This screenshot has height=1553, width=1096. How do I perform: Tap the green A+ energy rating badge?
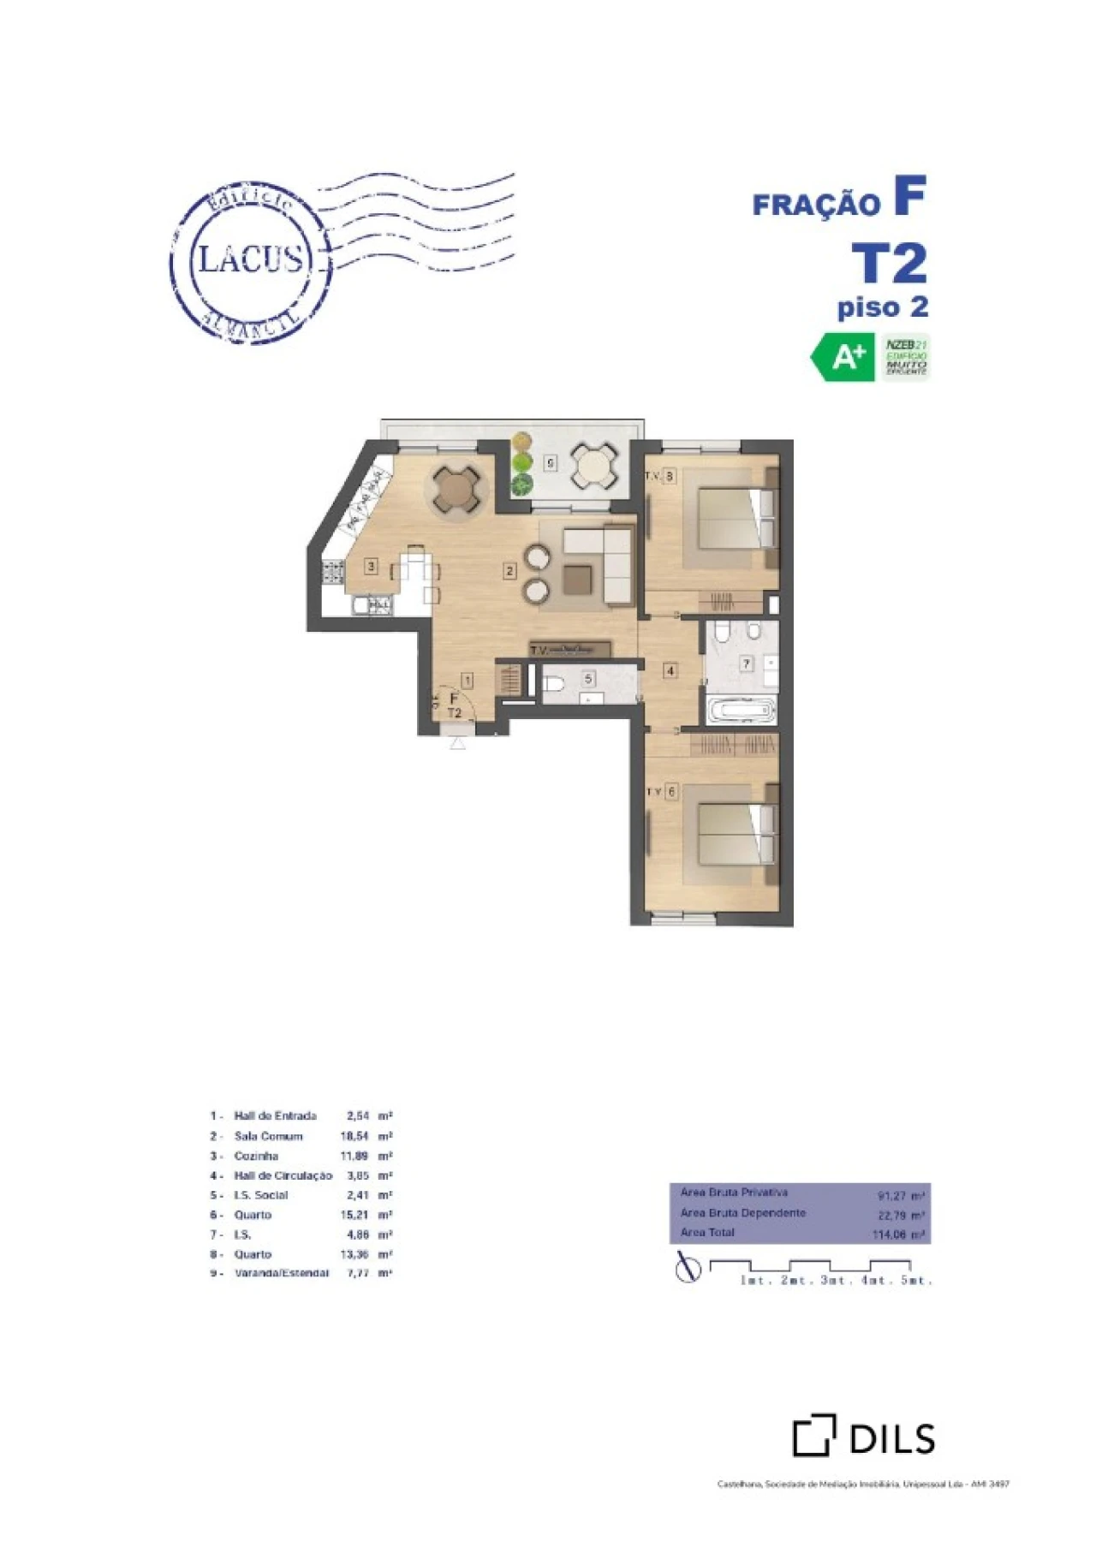[843, 358]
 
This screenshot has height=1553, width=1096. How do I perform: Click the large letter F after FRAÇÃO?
[909, 196]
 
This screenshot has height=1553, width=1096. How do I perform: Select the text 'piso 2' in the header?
[882, 307]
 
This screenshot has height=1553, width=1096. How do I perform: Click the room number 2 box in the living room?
[509, 571]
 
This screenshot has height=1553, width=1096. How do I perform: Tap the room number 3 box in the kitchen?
[371, 566]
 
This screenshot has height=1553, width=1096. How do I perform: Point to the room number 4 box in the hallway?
[670, 671]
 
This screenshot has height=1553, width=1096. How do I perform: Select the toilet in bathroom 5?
[552, 684]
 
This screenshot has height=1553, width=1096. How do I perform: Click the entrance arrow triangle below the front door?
[458, 743]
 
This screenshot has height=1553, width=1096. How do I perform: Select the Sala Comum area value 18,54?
[354, 1136]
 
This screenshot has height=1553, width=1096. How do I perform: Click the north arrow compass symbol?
[687, 1268]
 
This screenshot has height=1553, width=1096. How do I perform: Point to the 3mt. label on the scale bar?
[835, 1281]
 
